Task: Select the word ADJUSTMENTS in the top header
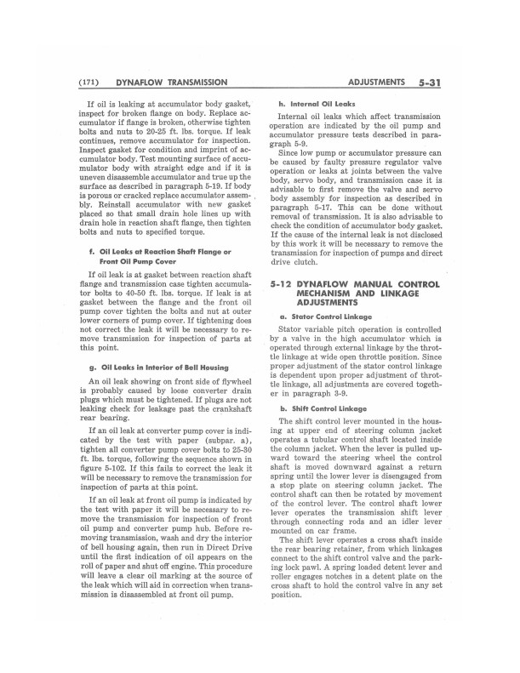click(376, 83)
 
